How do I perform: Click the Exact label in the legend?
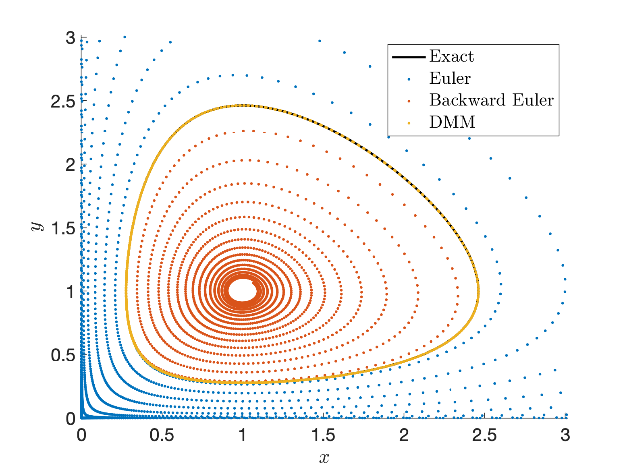click(451, 56)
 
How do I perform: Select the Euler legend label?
click(450, 78)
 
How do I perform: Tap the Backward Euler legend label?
click(491, 100)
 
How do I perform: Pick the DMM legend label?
click(452, 122)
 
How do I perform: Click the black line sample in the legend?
click(409, 57)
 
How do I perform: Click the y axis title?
click(37, 227)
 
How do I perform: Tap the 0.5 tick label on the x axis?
click(162, 435)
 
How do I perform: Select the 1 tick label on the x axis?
click(243, 435)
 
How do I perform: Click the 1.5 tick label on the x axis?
click(323, 435)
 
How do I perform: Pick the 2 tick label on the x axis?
click(404, 435)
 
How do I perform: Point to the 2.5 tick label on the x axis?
click(484, 435)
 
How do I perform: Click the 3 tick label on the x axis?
click(565, 435)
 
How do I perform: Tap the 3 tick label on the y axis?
click(71, 38)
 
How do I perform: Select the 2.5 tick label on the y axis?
click(63, 101)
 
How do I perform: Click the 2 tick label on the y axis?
click(71, 165)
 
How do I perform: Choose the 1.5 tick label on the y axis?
click(63, 228)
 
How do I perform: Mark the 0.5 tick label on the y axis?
click(63, 356)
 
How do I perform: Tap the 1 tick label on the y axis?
click(71, 292)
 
